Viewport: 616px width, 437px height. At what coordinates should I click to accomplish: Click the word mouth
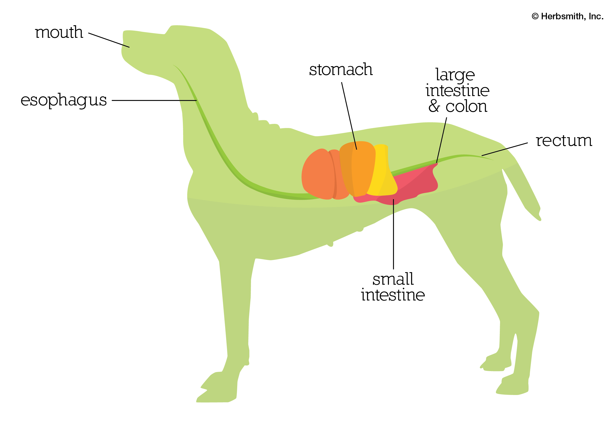coord(59,32)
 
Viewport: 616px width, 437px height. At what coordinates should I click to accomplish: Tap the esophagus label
coord(64,100)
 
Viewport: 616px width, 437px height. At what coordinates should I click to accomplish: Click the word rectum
coord(564,141)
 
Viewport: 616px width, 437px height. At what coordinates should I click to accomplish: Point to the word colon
coord(466,106)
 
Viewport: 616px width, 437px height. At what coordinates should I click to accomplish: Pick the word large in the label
coord(455,75)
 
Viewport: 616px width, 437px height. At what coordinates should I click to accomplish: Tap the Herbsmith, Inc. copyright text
coord(567,16)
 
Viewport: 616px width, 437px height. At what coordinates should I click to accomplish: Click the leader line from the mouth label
coord(109,40)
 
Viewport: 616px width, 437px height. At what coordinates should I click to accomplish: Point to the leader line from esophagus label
coord(154,100)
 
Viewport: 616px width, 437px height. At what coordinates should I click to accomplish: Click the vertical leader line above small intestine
coord(393,234)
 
